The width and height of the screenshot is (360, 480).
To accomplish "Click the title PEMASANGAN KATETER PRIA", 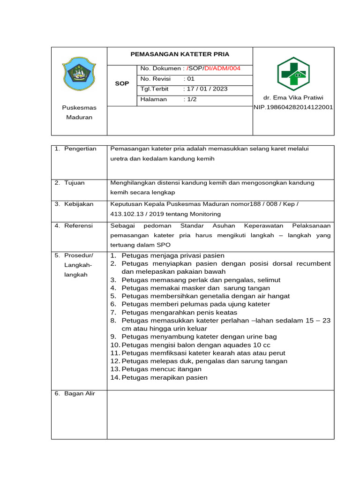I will coord(180,54).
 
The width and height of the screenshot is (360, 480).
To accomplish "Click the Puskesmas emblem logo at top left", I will coord(79,74).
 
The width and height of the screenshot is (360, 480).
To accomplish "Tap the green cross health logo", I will coord(293,74).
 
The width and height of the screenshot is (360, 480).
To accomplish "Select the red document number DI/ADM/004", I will coord(222,68).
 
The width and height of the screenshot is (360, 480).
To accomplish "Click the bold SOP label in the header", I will coord(122,83).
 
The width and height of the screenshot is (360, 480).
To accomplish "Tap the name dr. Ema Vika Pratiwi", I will coord(293,98).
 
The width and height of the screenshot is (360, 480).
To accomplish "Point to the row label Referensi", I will coord(77,225).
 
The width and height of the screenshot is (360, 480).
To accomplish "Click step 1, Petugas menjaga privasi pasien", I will coord(172,255).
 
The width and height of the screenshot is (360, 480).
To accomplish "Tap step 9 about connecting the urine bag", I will coord(199,337).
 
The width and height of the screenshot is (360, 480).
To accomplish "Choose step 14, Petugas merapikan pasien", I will coord(164,377).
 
